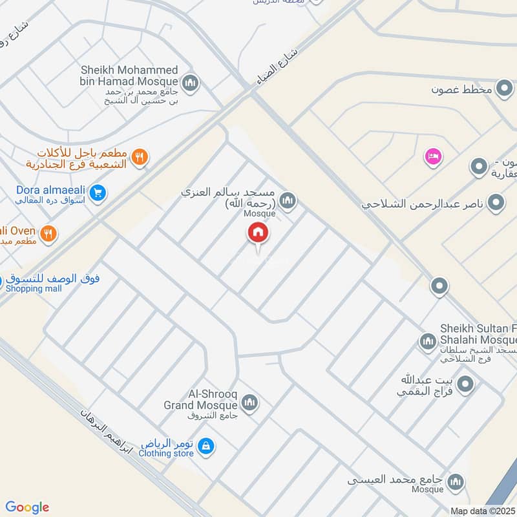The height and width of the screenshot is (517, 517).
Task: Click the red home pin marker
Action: click(258, 233)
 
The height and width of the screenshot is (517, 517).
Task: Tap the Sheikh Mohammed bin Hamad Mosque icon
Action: click(190, 83)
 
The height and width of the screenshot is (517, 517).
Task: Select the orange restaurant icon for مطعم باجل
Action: click(140, 156)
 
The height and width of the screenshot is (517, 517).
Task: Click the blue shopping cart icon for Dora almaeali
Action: click(98, 193)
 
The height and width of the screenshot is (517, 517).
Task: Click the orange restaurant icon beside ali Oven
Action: click(48, 234)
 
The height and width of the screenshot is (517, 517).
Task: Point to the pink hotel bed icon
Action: click(432, 156)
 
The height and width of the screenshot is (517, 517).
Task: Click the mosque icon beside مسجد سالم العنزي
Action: click(288, 202)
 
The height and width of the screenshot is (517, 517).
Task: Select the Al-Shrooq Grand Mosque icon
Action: click(249, 404)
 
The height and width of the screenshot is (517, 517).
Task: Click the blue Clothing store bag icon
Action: click(206, 446)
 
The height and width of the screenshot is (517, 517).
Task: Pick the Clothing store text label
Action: click(166, 454)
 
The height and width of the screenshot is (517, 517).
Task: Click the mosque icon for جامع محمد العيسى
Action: click(456, 481)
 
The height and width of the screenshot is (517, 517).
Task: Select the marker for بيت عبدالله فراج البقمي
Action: click(466, 386)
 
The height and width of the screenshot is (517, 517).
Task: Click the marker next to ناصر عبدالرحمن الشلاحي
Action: click(496, 204)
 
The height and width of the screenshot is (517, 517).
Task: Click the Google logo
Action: click(27, 507)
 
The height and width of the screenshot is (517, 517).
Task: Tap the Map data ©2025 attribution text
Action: click(482, 511)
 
